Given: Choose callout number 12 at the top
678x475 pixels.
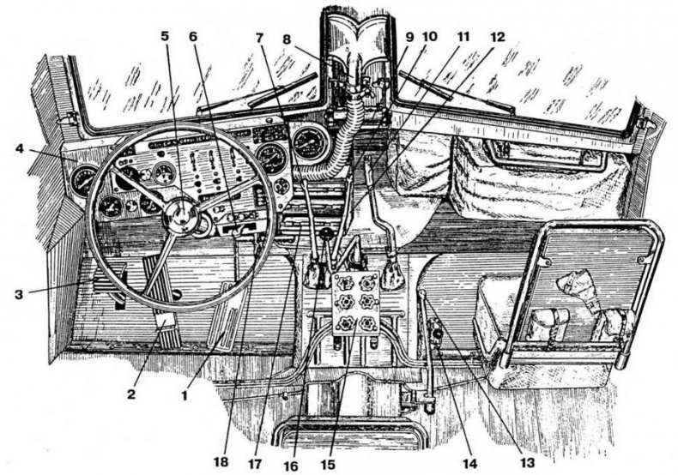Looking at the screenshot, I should [x=497, y=38].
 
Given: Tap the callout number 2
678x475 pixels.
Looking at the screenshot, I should [x=130, y=395].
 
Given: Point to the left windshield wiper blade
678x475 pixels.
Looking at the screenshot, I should [x=249, y=101].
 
